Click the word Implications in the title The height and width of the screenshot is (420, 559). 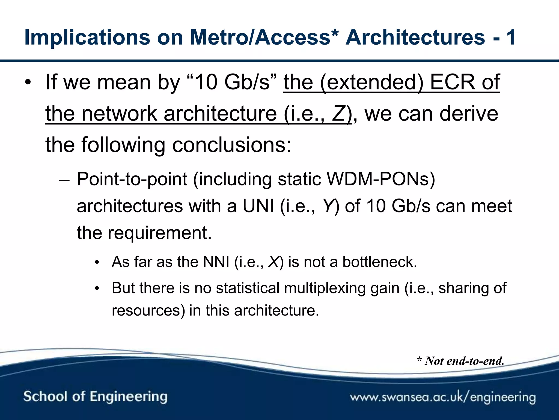tap(87, 38)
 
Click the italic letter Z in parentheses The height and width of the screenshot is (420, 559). tap(338, 114)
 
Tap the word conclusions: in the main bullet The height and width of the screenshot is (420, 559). tap(232, 145)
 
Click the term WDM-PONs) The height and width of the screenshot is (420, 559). tap(381, 179)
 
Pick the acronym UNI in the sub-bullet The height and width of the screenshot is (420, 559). tap(258, 206)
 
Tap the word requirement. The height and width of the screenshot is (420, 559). tap(160, 233)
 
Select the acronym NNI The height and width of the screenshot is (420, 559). tap(216, 262)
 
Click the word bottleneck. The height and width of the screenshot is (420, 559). tap(379, 262)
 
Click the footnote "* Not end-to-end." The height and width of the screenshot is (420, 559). tap(460, 361)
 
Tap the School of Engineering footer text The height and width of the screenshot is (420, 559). tap(95, 397)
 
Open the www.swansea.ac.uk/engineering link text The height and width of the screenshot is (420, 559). tap(443, 397)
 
